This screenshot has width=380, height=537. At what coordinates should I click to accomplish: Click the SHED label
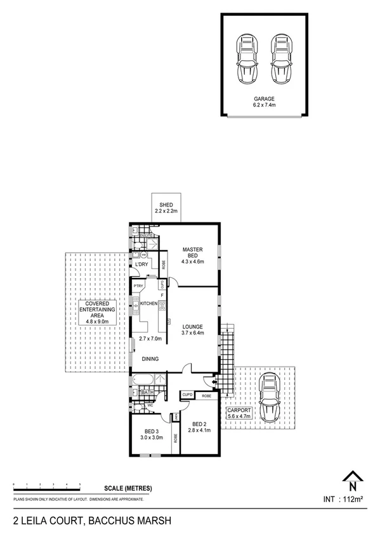pyautogui.click(x=166, y=205)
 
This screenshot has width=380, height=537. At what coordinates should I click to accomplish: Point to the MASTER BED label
pyautogui.click(x=192, y=252)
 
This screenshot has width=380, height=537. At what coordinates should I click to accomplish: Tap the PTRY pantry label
pyautogui.click(x=138, y=286)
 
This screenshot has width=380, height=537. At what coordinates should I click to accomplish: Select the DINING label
pyautogui.click(x=150, y=359)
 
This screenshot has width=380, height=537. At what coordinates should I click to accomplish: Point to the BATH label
pyautogui.click(x=148, y=393)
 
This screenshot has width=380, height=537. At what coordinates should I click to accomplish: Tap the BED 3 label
pyautogui.click(x=151, y=432)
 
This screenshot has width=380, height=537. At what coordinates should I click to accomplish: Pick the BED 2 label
pyautogui.click(x=199, y=424)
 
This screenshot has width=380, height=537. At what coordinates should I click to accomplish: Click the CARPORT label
pyautogui.click(x=239, y=410)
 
